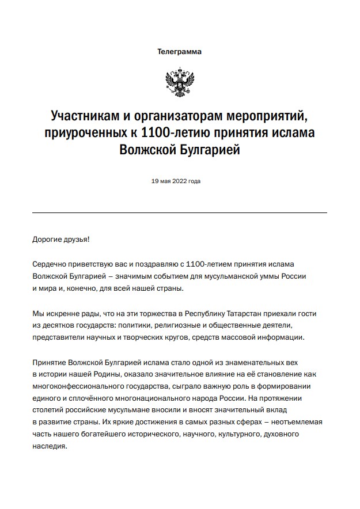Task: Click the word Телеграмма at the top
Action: pos(180,52)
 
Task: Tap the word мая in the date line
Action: pos(166,181)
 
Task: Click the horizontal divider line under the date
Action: pos(180,213)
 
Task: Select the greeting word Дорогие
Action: pos(49,238)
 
